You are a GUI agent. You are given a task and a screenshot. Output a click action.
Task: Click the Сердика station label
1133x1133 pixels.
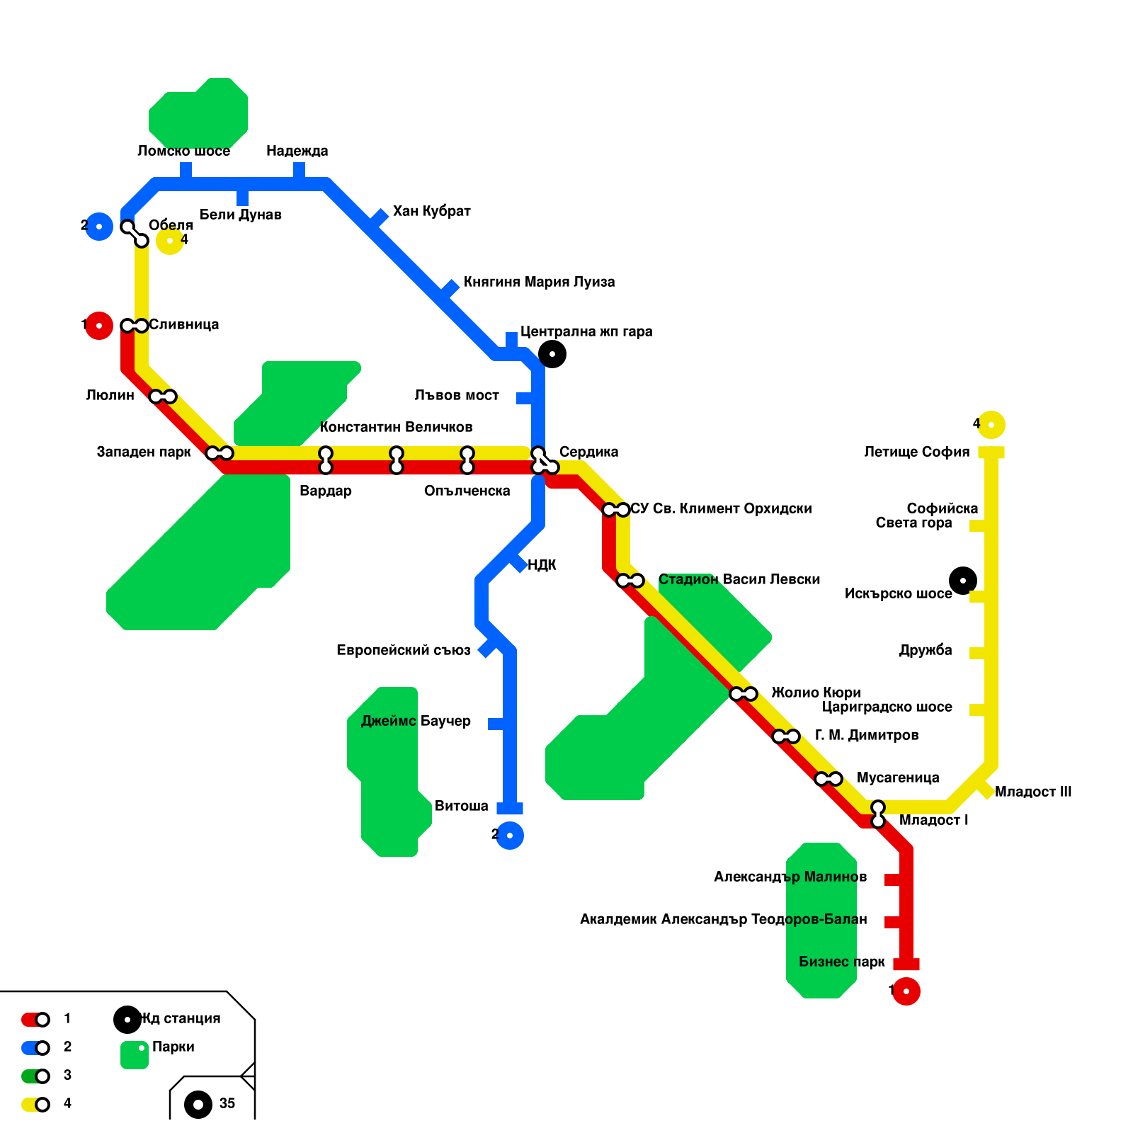point(588,452)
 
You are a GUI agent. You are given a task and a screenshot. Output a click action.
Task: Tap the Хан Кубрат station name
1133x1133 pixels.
point(431,211)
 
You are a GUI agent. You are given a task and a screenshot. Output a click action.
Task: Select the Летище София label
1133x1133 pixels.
point(916,452)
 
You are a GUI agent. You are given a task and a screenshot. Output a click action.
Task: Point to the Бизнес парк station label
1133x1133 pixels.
point(841,962)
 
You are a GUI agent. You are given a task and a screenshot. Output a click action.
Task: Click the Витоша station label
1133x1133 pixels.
point(461,806)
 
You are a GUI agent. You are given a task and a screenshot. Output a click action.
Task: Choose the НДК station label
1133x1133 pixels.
point(542,565)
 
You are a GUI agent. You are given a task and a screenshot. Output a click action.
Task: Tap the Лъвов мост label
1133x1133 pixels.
point(457,395)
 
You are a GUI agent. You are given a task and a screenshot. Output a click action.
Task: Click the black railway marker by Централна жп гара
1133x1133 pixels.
point(552,354)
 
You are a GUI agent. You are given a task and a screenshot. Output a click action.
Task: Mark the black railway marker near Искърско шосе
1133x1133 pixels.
point(963,581)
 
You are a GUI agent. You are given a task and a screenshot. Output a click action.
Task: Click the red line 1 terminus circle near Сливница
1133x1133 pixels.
point(99,326)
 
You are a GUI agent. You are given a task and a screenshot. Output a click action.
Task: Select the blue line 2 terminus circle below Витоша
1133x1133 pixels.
point(510,836)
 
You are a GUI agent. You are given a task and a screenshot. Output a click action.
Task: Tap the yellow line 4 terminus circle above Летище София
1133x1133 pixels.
point(991,425)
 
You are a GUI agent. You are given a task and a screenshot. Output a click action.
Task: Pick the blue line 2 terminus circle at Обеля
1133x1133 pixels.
point(99,227)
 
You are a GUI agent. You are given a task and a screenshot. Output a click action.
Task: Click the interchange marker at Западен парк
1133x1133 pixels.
point(220,453)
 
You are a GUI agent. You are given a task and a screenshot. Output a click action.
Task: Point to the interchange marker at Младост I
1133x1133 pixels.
point(878,814)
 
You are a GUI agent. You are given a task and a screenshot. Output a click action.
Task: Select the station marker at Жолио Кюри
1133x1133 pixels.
point(744,694)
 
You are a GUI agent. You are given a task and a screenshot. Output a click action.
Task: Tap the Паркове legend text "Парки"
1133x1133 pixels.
point(173,1047)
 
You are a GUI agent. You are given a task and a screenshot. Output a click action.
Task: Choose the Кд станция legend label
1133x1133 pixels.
point(181,1018)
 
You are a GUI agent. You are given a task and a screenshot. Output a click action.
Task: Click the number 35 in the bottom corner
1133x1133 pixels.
point(227,1103)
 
